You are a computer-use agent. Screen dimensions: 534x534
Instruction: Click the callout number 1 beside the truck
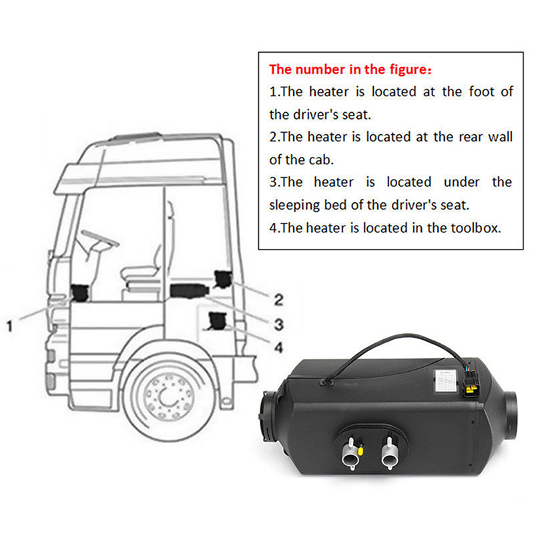[9, 326]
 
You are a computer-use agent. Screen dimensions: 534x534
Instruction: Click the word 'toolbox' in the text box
[476, 228]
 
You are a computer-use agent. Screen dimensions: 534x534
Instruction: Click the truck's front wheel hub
[164, 393]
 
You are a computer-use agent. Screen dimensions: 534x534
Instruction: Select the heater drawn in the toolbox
[218, 321]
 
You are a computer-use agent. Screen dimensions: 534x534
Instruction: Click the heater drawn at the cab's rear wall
[223, 278]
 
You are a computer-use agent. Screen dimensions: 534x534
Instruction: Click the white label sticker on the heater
[443, 380]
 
